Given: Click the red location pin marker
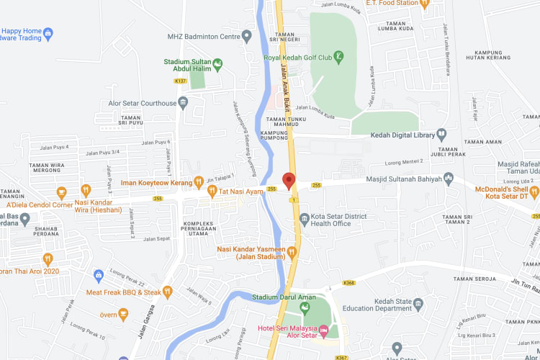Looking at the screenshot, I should (x=289, y=181).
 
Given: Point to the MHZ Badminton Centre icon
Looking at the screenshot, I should (x=247, y=35).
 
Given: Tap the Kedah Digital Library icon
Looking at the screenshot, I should (x=442, y=134).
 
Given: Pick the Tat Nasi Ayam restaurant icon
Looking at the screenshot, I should (x=212, y=191).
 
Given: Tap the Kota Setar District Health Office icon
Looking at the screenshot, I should (x=305, y=217).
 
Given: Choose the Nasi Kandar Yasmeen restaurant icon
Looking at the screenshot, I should (x=292, y=251).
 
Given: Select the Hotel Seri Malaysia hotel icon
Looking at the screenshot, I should (x=323, y=331).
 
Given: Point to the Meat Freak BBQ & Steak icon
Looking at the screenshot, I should (x=168, y=292).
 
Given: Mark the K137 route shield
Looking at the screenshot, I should (x=181, y=81).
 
